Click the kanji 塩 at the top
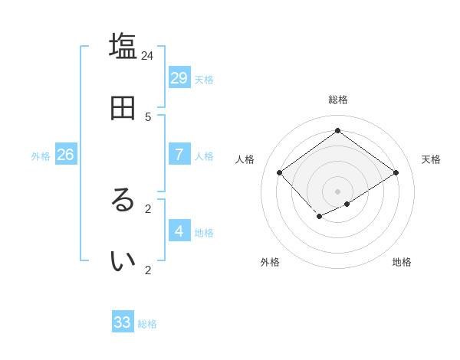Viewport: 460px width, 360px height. [x=123, y=46]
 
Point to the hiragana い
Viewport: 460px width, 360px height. [x=123, y=261]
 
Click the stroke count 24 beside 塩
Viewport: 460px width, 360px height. [x=148, y=55]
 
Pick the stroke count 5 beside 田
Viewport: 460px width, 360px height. [x=148, y=116]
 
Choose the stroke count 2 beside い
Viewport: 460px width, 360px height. [x=148, y=270]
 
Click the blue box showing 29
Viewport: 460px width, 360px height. [x=179, y=77]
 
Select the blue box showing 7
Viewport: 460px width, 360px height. [x=179, y=154]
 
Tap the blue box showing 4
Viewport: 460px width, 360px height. [x=179, y=231]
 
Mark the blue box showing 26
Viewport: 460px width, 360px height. [x=65, y=154]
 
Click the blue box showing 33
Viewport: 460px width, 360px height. [x=123, y=322]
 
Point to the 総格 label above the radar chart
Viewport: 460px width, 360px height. [x=337, y=100]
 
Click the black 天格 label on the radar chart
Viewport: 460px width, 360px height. [x=431, y=159]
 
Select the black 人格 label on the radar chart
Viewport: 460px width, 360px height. [x=245, y=159]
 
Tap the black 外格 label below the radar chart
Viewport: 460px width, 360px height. [x=270, y=262]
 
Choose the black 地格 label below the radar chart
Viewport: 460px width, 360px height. [x=402, y=262]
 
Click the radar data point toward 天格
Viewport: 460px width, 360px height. [x=396, y=172]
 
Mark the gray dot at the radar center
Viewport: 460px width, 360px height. [x=337, y=191]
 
